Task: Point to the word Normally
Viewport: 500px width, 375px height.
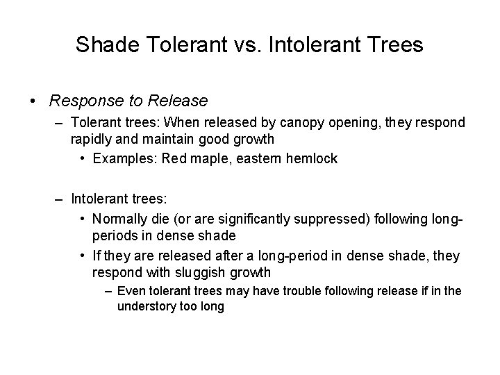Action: (119, 219)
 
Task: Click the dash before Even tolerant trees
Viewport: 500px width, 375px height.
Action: (108, 291)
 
